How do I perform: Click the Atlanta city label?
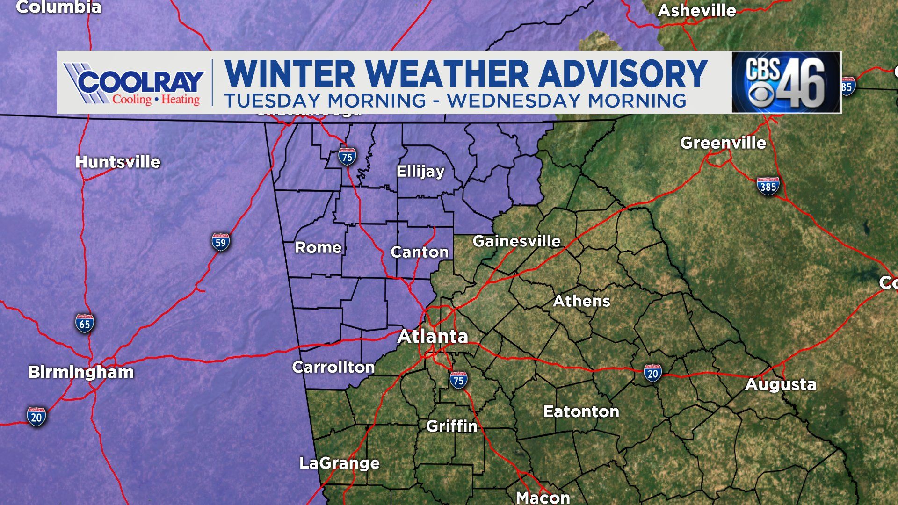point(433,337)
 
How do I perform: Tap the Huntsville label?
point(118,162)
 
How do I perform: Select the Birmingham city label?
point(81,372)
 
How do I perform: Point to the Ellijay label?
point(420,171)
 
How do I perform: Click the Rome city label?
point(318,247)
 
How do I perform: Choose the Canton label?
point(420,252)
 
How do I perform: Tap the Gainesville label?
point(516,241)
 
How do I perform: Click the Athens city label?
point(581,301)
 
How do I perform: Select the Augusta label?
point(781,384)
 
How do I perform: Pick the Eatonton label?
point(581,411)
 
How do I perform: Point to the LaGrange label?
point(340,463)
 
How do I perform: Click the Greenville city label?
point(723,143)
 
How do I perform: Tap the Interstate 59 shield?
point(220,242)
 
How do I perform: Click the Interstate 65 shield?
point(85,324)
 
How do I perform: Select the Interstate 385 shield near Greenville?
point(768,186)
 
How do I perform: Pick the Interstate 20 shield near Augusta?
point(652,373)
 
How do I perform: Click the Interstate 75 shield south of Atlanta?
point(458,380)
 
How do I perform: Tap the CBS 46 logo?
point(786,82)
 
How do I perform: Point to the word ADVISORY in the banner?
point(623,74)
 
